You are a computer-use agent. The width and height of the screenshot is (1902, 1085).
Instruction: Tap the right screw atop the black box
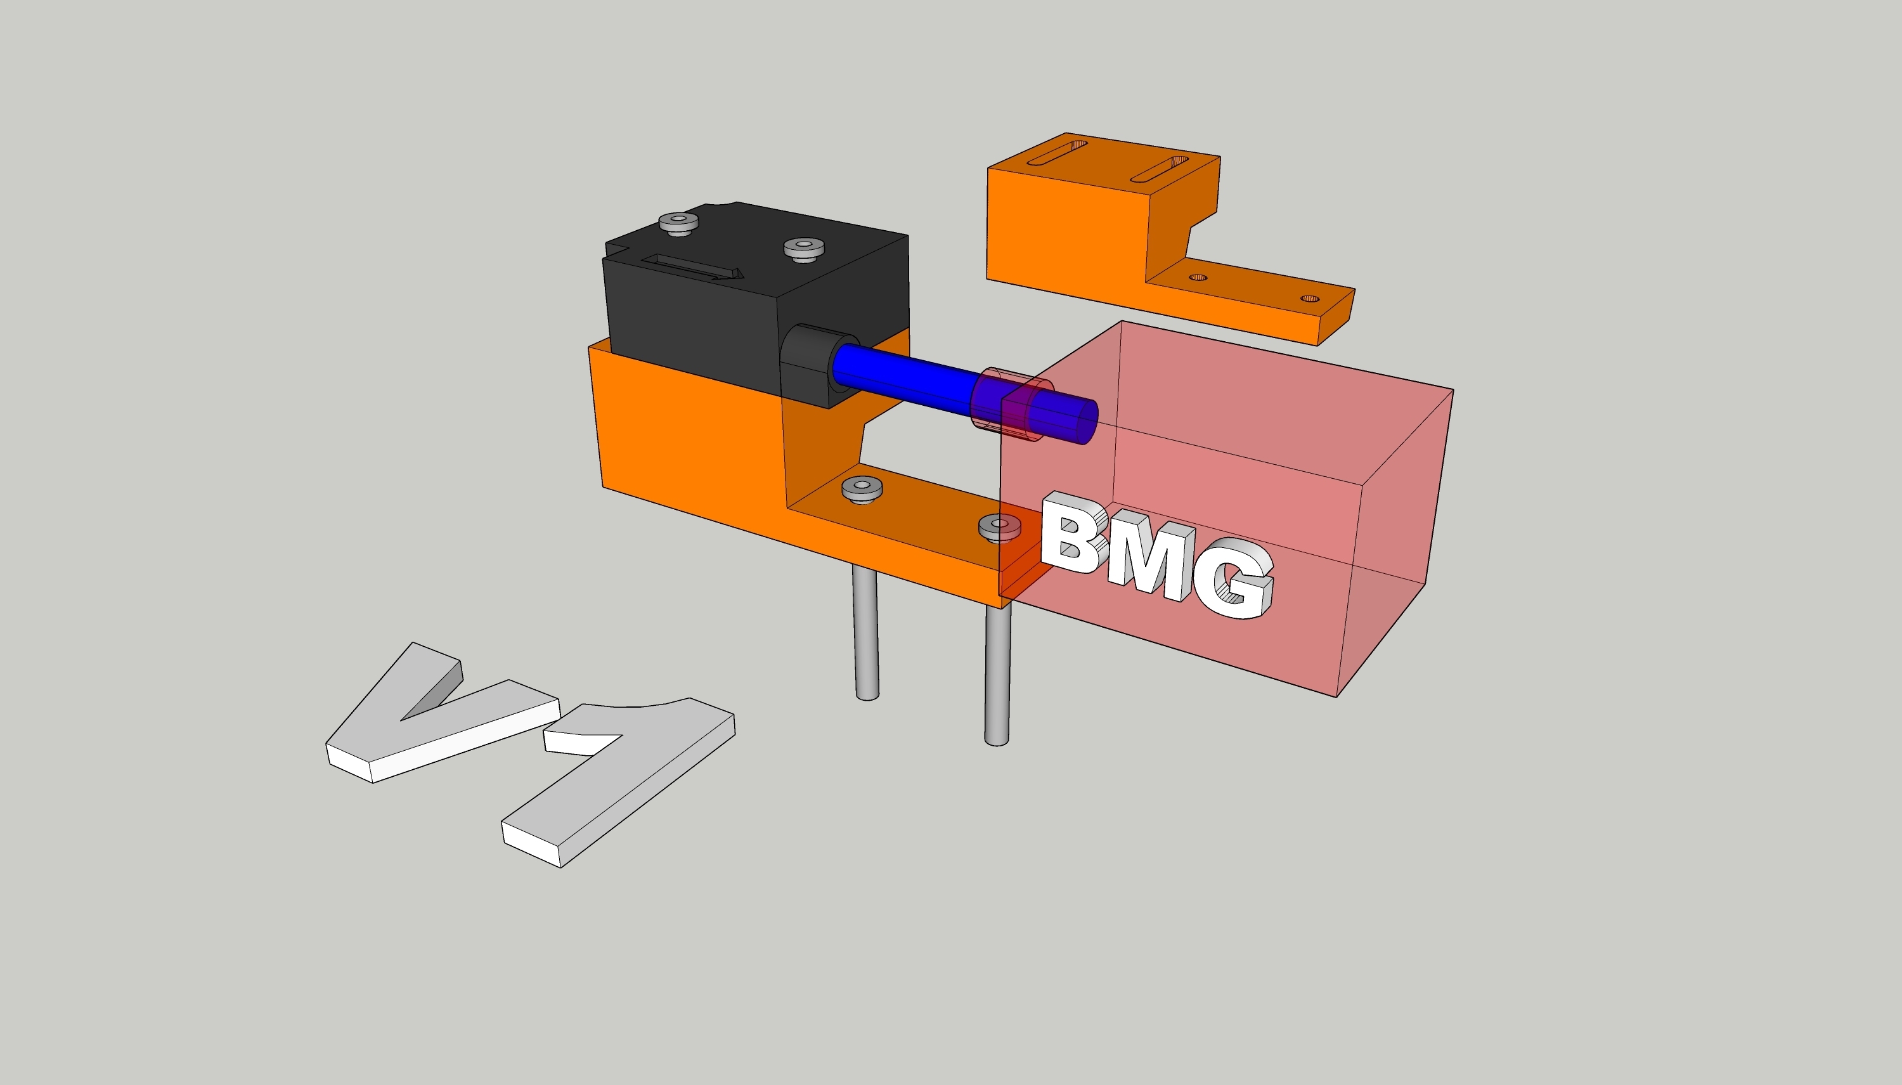[804, 247]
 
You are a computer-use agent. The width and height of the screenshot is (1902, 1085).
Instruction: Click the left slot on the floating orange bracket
[1056, 152]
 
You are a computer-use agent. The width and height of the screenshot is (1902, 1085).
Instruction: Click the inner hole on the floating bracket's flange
[1197, 277]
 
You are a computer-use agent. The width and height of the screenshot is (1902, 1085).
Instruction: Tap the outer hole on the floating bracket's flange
[1310, 299]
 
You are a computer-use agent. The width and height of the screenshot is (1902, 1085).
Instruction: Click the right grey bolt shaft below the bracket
[997, 678]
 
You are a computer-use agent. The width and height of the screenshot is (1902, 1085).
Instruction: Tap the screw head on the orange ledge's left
[862, 488]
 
